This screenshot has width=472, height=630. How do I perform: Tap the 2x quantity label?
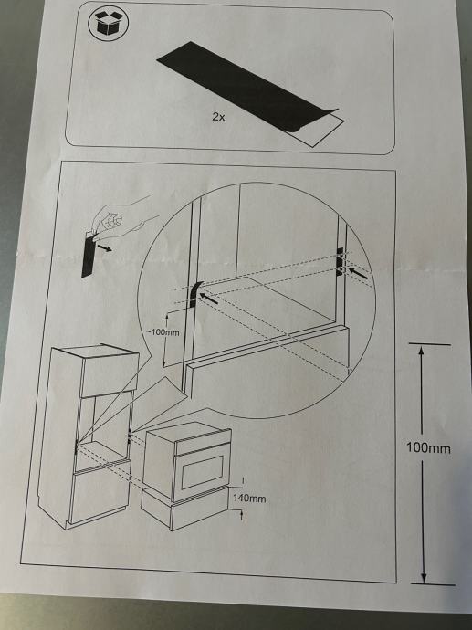tap(218, 117)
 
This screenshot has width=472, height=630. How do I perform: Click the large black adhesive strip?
tap(246, 87)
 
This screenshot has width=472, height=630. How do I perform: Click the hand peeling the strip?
tap(121, 218)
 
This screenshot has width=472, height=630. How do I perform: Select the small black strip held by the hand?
tap(88, 255)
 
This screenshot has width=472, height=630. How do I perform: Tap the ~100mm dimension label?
tap(163, 332)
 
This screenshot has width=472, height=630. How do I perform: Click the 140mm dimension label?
tap(249, 499)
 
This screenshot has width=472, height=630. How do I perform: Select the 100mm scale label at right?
tap(428, 447)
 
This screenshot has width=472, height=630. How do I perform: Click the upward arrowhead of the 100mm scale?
tap(421, 352)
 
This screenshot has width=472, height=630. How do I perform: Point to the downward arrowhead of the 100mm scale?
tap(424, 576)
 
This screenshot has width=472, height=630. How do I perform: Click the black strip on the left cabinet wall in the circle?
tap(194, 294)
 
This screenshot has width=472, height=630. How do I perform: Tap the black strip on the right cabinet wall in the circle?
tap(340, 261)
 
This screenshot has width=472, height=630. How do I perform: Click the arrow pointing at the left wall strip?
tap(209, 299)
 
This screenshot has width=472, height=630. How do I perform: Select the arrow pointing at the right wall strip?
tap(358, 273)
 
